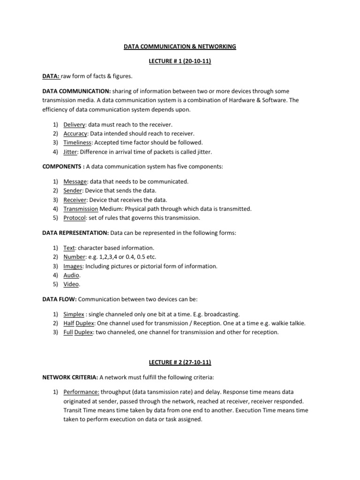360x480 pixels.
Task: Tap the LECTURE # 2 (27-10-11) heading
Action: [180, 362]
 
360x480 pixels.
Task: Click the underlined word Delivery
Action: [74, 124]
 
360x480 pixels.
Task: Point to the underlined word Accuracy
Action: [75, 133]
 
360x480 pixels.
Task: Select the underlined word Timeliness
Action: [77, 142]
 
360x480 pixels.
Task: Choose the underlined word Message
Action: [75, 181]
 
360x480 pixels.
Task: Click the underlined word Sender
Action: [73, 190]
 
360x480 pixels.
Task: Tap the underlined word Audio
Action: [71, 275]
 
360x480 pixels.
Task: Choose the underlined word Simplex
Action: [74, 314]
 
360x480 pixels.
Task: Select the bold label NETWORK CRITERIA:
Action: [69, 377]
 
